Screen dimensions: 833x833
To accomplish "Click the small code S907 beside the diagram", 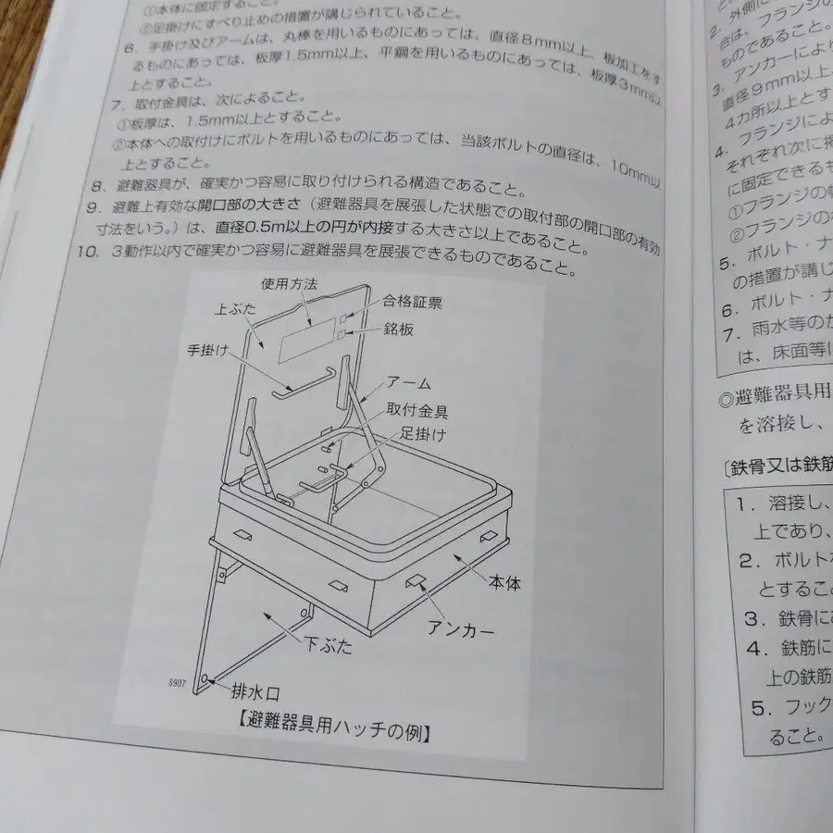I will [177, 682].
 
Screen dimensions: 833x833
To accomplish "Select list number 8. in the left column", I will [94, 186].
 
